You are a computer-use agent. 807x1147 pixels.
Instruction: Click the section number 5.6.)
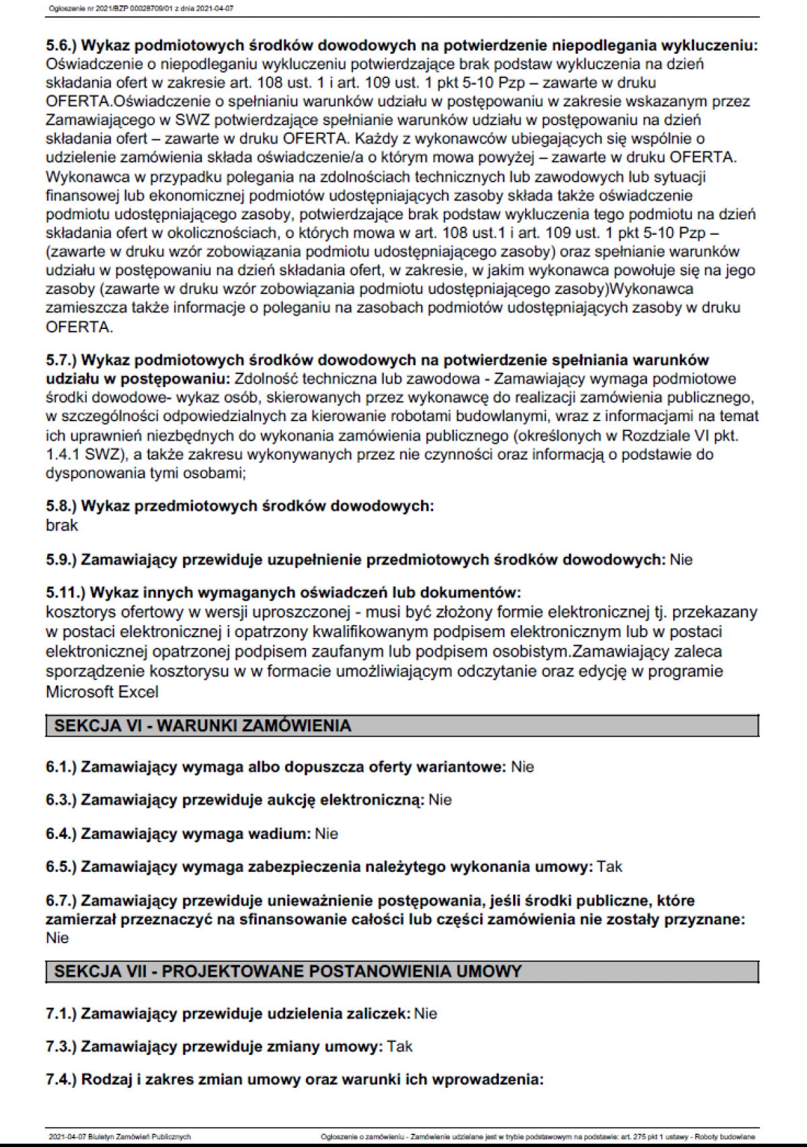pos(61,46)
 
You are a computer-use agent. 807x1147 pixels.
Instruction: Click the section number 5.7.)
pos(61,360)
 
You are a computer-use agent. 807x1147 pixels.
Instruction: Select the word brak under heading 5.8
pos(62,525)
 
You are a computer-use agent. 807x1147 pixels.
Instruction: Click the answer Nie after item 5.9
pos(681,560)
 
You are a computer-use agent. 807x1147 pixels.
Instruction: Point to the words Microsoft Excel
pos(102,692)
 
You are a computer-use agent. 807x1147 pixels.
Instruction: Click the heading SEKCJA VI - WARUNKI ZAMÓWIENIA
pos(202,726)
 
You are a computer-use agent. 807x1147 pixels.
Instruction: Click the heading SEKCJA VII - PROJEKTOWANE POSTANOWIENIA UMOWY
pos(288,971)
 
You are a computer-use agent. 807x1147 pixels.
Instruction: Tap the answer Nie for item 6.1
pos(523,767)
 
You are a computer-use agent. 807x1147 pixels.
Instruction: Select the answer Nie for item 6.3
pos(440,800)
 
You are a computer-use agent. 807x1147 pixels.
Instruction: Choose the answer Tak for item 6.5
pos(609,866)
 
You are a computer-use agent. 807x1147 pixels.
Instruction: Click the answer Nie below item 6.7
pos(57,938)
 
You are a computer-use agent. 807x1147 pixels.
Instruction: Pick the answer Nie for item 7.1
pos(426,1013)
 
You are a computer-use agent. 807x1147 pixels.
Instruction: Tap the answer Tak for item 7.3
pos(400,1047)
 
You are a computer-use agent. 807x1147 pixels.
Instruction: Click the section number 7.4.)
pos(61,1080)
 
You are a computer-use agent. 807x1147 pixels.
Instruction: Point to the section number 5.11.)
pos(65,593)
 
